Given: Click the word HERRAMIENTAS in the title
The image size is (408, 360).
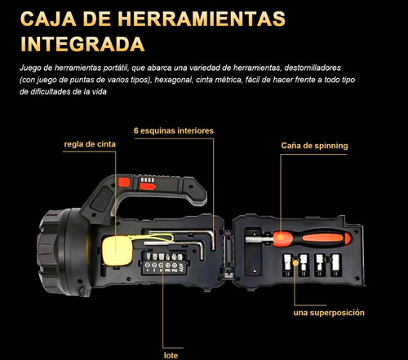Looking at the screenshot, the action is click(202, 19).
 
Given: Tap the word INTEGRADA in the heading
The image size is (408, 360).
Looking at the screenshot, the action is click(82, 44).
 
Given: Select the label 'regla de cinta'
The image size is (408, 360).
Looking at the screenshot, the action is click(90, 144).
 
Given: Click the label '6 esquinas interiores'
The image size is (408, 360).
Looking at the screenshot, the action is click(174, 130).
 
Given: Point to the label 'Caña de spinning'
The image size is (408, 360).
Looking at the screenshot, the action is click(314, 146).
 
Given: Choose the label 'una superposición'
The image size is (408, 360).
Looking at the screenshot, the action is click(329, 313).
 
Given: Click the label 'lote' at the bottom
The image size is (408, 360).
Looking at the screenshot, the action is click(171, 355).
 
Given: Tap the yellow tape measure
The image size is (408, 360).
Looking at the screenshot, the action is click(117, 251).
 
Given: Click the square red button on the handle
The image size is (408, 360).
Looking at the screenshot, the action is click(124, 182).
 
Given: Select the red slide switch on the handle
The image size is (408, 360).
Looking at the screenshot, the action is click(148, 187).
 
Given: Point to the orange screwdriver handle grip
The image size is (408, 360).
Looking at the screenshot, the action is click(312, 239).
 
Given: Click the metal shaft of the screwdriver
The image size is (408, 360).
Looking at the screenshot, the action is click(259, 239).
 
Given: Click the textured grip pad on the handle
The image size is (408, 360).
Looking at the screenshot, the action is click(102, 199).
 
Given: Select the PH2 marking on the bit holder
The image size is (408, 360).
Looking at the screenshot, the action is click(175, 270).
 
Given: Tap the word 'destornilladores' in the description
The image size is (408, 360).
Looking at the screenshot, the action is click(313, 68).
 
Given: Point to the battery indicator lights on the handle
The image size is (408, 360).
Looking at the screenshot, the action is click(147, 180).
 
